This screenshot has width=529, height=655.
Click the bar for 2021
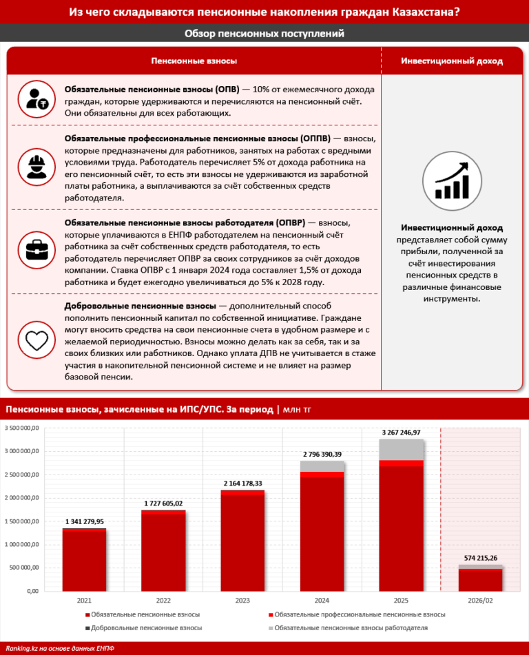[84, 559]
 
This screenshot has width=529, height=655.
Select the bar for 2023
[242, 541]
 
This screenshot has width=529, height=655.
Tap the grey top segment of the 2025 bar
[401, 450]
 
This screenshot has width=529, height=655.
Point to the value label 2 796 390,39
[322, 454]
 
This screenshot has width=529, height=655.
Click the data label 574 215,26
[480, 557]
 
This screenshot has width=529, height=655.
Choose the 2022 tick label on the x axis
[163, 601]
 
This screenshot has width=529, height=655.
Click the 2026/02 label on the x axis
[480, 601]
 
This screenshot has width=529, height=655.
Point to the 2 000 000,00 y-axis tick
[23, 498]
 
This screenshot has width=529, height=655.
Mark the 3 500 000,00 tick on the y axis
[23, 428]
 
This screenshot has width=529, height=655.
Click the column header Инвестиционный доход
[452, 61]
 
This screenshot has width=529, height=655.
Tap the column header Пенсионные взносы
[194, 61]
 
